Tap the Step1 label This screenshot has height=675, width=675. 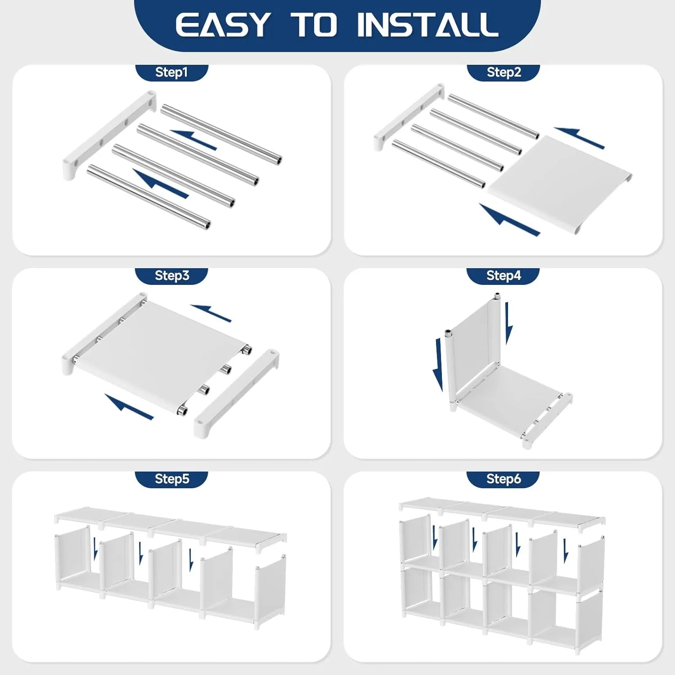pyautogui.click(x=171, y=72)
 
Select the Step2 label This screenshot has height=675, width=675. pyautogui.click(x=504, y=72)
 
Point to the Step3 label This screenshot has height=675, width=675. pyautogui.click(x=171, y=275)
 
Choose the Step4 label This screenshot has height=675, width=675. pyautogui.click(x=503, y=275)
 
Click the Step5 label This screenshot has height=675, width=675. pyautogui.click(x=171, y=479)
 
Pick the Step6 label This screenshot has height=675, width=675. pyautogui.click(x=503, y=479)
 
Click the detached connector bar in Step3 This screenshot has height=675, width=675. pyautogui.click(x=236, y=391)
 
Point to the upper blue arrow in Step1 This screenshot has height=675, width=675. pyautogui.click(x=193, y=139)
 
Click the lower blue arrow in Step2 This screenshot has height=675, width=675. pyautogui.click(x=508, y=220)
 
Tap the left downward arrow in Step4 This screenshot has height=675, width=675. pyautogui.click(x=438, y=364)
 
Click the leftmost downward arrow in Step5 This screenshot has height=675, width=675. pyautogui.click(x=95, y=548)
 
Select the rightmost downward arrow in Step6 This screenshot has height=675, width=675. pyautogui.click(x=566, y=550)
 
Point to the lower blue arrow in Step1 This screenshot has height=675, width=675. pyautogui.click(x=161, y=184)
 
